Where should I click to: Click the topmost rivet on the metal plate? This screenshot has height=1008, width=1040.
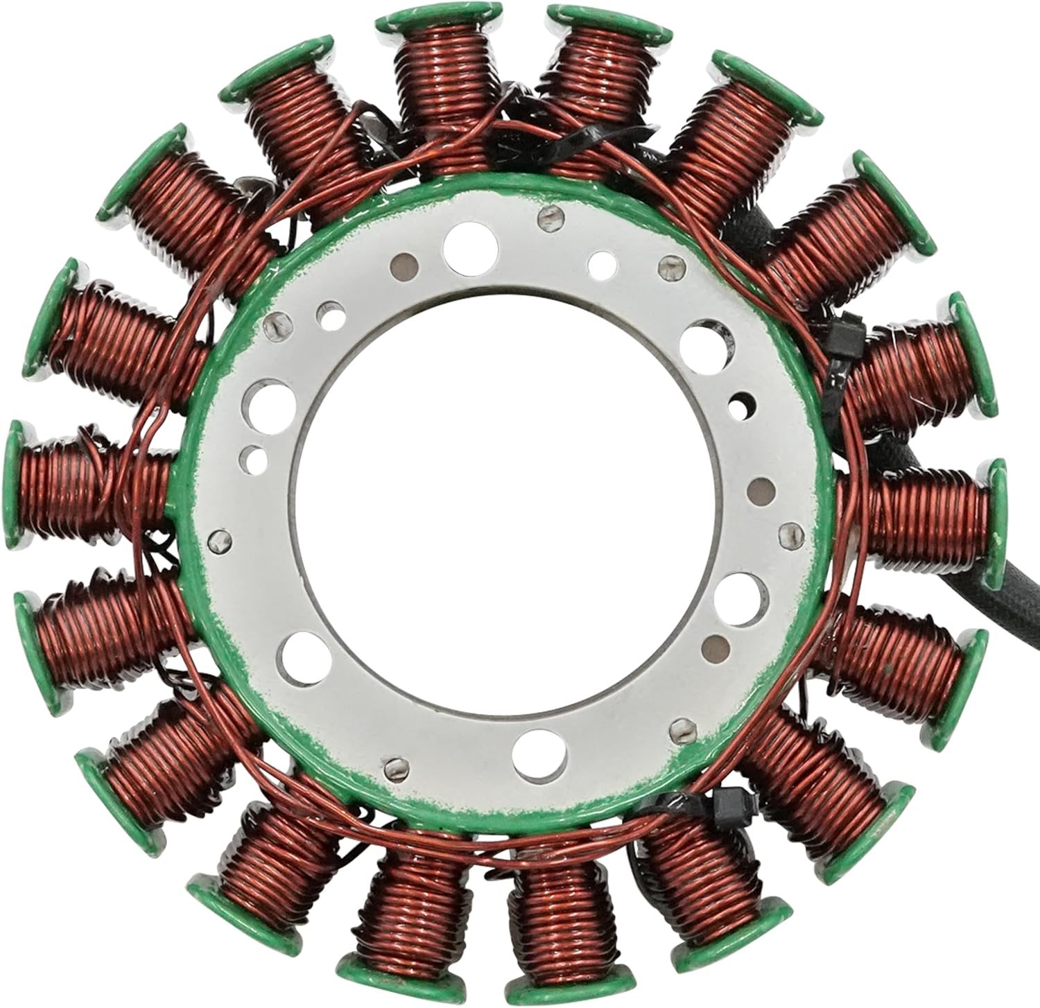[548, 218]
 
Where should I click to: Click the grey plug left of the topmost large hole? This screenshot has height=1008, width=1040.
[404, 264]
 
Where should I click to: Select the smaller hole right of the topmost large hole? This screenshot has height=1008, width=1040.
[600, 264]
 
